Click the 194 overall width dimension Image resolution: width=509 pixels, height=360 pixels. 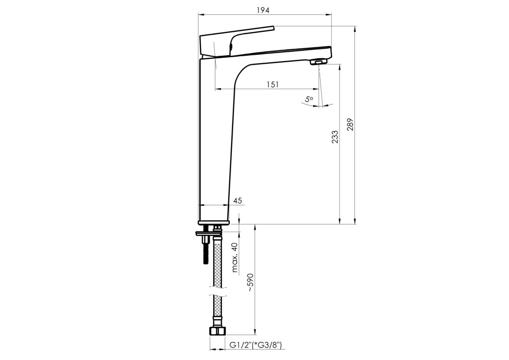coord(263,10)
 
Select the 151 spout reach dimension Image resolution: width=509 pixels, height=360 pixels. coord(273,85)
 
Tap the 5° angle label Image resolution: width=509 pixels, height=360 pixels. coord(309,98)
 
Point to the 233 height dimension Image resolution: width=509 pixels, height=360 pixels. coord(335,137)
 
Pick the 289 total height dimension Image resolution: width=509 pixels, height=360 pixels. coord(350,124)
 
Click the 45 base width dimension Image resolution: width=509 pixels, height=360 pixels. coord(238,200)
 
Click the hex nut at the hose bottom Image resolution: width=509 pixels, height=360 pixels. coord(218,331)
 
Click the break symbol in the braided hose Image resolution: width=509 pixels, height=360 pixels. coord(218,291)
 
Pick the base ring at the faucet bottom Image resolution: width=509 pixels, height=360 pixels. coord(214,222)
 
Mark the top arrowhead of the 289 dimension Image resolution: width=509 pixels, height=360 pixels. coord(355,29)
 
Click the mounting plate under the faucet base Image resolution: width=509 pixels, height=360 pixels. coord(208,233)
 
